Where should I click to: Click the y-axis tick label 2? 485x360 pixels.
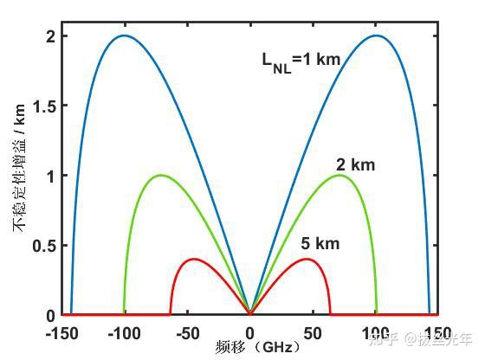pos(51,36)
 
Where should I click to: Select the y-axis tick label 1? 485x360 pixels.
pos(51,176)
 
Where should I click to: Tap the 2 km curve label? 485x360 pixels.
pos(355,164)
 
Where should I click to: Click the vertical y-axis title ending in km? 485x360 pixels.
pos(17,177)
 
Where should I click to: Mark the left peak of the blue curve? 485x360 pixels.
pos(124,35)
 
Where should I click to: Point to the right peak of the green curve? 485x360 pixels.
pos(338,176)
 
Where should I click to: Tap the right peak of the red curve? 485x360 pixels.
pos(308,259)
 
